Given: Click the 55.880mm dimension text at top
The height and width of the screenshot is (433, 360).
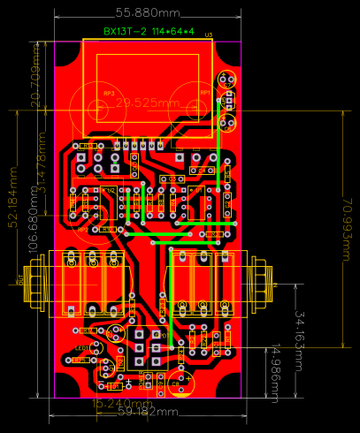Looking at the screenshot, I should click(x=148, y=13).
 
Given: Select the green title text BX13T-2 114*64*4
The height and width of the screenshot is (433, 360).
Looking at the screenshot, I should click(x=147, y=31).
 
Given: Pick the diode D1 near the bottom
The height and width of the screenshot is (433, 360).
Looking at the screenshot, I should click(x=113, y=387).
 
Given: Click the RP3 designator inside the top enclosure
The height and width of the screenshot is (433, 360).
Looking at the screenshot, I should click(x=109, y=92).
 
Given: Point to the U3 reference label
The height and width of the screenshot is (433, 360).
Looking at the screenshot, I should click(x=209, y=34).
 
